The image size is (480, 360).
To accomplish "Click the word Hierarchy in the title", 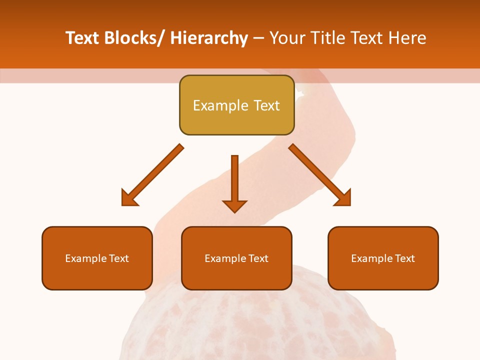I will [x=208, y=38].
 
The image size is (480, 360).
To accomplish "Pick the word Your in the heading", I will [x=287, y=38].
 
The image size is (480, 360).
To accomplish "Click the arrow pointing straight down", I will [x=234, y=180].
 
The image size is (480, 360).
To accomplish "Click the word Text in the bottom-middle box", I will [x=258, y=258].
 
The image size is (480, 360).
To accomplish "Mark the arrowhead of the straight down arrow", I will [x=234, y=205].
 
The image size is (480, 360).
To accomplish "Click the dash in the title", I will [x=258, y=38].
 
